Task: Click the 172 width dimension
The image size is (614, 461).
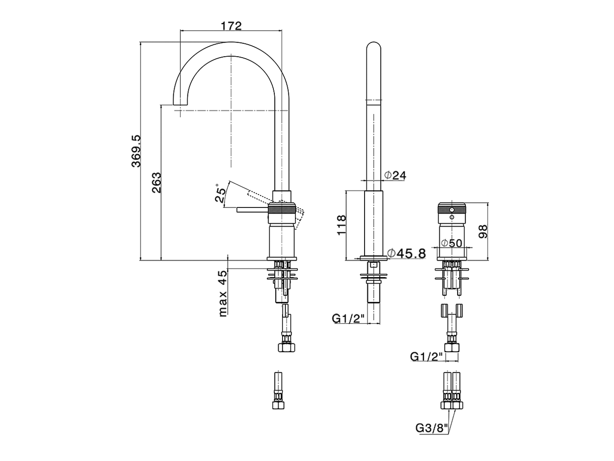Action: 231,25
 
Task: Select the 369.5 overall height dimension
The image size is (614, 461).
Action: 136,151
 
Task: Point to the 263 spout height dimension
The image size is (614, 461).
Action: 156,182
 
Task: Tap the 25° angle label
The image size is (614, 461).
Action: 221,194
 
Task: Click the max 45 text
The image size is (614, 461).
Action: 223,293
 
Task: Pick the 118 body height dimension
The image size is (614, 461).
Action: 341,225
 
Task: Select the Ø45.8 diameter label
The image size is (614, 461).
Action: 406,253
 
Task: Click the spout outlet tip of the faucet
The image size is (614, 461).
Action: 180,104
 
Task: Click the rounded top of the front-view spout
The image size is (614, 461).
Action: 374,48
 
